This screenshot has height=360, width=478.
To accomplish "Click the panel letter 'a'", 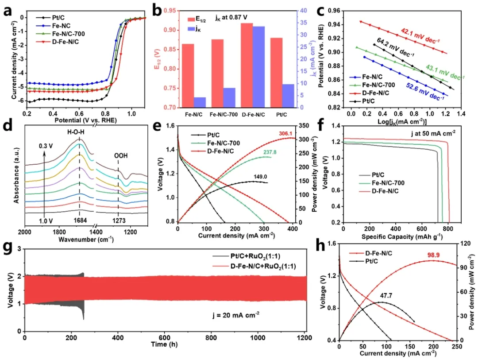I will [8, 11].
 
